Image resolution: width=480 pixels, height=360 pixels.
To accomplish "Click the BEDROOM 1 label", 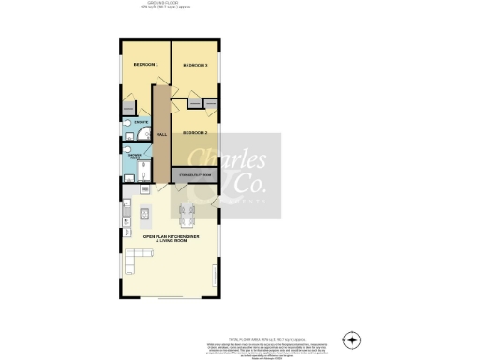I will pos(145,64).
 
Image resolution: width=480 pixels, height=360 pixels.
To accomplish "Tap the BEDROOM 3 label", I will pos(195,64).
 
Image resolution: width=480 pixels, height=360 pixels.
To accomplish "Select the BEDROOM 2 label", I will pos(195,133).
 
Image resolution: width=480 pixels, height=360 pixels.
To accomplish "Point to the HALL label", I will pos(161,134).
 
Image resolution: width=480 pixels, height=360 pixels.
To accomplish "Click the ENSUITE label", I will pos(142,123).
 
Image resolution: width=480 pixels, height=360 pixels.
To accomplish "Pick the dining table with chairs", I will pos(185,214).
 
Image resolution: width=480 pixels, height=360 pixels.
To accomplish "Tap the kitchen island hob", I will pos(144,214).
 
